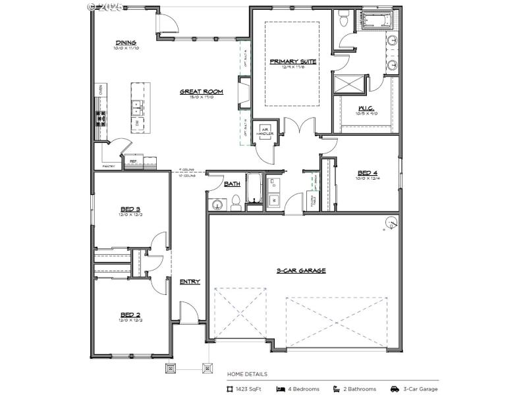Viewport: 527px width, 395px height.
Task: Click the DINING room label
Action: point(125,43)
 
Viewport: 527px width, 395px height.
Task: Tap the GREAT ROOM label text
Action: point(201,92)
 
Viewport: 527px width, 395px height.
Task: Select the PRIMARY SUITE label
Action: point(292,61)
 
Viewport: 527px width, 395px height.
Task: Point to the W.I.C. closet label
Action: point(367,108)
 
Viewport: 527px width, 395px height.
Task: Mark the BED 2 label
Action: point(130,314)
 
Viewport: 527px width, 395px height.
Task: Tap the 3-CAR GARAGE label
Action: point(301,271)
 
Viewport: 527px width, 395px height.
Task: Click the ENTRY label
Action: point(190,282)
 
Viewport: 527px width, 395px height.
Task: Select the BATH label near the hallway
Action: point(232,184)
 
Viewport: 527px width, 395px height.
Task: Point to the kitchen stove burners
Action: point(101,118)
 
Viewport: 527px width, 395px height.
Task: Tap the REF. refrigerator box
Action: point(133,160)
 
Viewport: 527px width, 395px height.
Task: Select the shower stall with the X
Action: point(349,84)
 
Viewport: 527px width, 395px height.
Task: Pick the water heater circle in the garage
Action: point(391,223)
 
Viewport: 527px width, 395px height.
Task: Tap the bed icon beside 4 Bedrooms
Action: point(281,389)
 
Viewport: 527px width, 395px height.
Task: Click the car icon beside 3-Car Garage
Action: point(395,389)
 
